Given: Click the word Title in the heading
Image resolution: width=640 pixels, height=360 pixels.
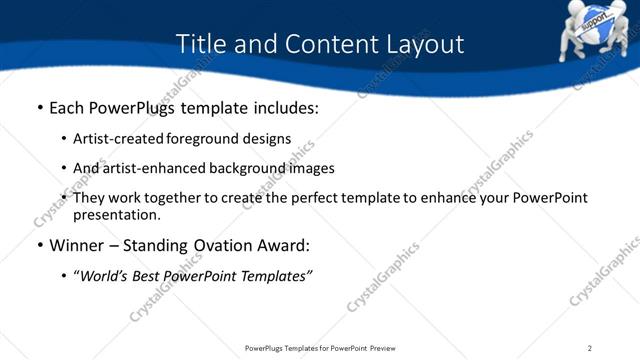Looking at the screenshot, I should tap(200, 45).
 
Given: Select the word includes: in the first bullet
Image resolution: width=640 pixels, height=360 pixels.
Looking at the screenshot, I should tap(280, 107).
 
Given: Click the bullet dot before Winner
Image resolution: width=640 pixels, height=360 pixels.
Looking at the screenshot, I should tap(38, 246).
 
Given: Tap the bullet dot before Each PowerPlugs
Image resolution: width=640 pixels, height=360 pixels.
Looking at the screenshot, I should tap(38, 108).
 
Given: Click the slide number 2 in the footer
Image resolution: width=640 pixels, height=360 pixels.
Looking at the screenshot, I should tap(590, 348).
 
